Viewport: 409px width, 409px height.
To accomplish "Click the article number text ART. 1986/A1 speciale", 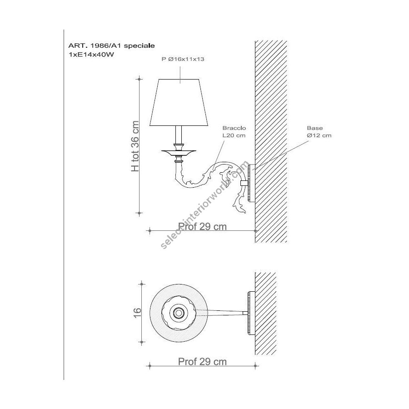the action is pos(111,45).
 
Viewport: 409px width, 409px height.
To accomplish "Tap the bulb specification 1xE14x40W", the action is pos(91,55).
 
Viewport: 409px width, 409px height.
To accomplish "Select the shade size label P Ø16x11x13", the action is pos(183,59).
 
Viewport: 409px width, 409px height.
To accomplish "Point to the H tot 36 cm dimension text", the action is pos(135,146).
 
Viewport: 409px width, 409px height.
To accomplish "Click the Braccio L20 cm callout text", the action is pos(234,132).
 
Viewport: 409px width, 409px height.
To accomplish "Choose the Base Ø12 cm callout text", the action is pos(319,132).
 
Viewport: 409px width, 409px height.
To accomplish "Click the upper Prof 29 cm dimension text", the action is pos(202,226).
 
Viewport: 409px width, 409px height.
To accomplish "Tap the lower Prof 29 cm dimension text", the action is pos(202,362).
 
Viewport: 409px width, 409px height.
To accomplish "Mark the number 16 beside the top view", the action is pos(137,313).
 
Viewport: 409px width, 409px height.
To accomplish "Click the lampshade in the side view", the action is pos(179,103).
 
